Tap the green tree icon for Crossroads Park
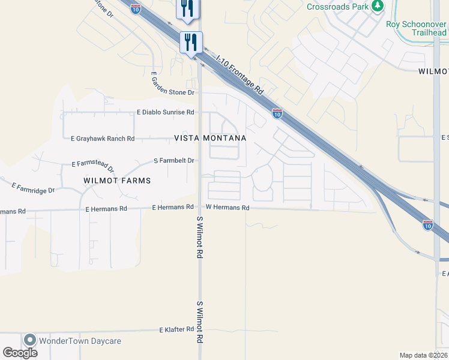click(x=377, y=7)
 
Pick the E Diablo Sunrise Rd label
click(x=166, y=112)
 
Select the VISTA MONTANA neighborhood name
click(x=210, y=138)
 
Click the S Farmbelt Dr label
click(x=174, y=161)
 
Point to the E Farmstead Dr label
click(x=92, y=163)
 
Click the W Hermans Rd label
click(x=228, y=208)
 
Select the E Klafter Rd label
click(x=176, y=329)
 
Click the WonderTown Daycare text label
click(x=80, y=341)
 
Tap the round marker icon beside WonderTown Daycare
click(x=29, y=340)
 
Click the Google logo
click(x=20, y=352)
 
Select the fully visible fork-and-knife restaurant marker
click(x=191, y=42)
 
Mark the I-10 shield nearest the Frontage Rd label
click(x=277, y=113)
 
